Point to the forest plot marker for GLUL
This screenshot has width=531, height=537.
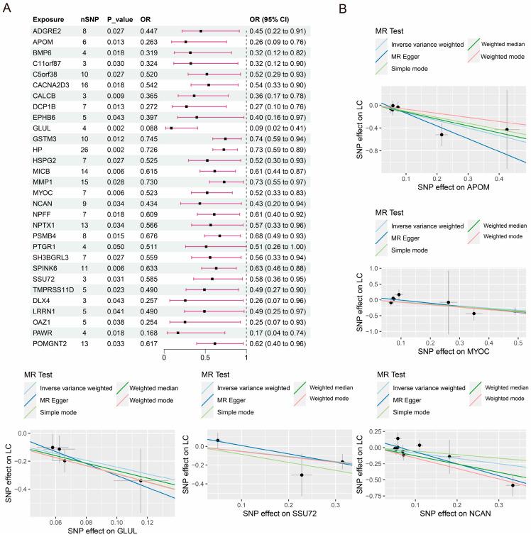point(171,128)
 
